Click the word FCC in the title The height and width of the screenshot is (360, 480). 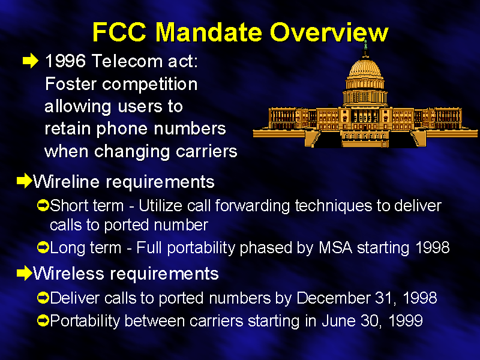tap(119, 32)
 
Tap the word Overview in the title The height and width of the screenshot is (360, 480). tap(329, 32)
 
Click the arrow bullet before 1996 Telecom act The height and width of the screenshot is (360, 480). tap(31, 61)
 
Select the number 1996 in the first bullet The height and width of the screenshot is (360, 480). tap(65, 61)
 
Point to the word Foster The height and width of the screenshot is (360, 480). tap(70, 83)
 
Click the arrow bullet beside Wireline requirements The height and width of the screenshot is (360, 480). tap(25, 181)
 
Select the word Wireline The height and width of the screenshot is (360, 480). tap(67, 182)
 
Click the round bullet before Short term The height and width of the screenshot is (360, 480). tap(43, 205)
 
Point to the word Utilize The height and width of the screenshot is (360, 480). tap(160, 205)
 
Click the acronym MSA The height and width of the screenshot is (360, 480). tap(335, 247)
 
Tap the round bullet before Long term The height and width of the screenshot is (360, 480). tap(43, 247)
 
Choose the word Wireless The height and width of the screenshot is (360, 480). tap(68, 273)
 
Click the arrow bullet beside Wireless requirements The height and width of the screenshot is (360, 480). tap(25, 272)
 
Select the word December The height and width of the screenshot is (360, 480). tap(333, 298)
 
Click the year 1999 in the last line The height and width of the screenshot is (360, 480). tap(406, 321)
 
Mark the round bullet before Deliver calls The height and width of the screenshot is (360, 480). tap(43, 298)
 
